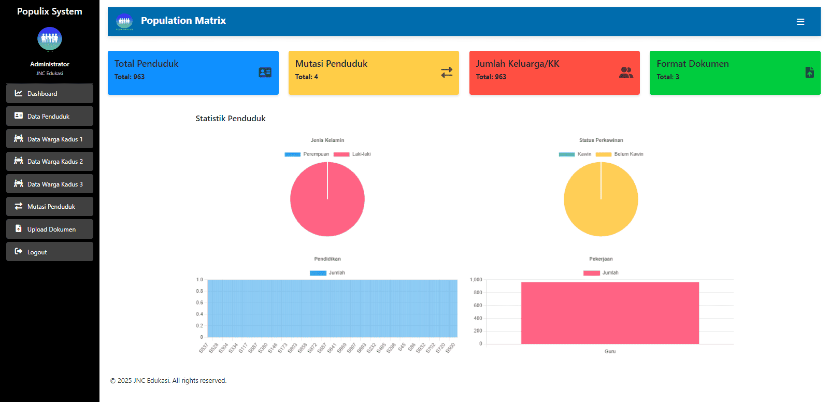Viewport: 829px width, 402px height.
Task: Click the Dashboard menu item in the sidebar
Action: tap(49, 94)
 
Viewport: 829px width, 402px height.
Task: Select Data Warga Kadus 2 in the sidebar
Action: tap(49, 162)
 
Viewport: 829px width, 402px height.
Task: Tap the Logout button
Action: tap(49, 252)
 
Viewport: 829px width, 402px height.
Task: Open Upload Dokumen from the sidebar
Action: tap(49, 229)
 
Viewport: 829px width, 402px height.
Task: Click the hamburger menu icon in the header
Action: tap(801, 22)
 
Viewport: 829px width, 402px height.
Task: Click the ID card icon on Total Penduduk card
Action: tap(265, 73)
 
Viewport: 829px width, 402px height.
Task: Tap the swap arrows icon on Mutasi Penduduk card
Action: tap(447, 73)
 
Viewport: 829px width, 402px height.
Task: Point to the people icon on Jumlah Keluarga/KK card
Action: tap(626, 73)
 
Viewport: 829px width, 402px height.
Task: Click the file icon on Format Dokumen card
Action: tap(809, 73)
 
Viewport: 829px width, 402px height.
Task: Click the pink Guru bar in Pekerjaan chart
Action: tap(610, 313)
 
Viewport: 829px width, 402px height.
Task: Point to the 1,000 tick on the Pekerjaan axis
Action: tap(476, 280)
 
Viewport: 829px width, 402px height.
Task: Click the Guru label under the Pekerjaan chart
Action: tap(610, 352)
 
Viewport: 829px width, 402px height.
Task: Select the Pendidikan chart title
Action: tap(327, 259)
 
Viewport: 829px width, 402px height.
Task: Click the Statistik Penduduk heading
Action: tap(231, 119)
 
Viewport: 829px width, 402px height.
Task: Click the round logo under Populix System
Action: tap(50, 39)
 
